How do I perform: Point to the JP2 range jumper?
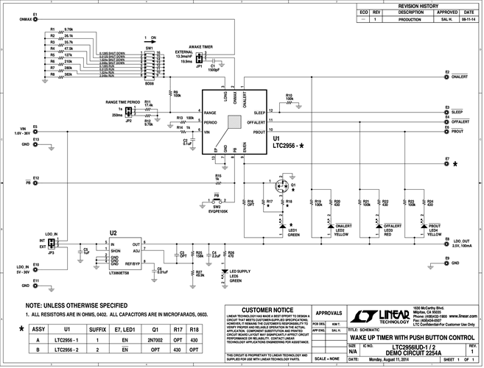pos(128,111)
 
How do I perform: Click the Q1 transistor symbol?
pos(283,185)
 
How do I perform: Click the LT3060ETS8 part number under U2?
pos(119,272)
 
